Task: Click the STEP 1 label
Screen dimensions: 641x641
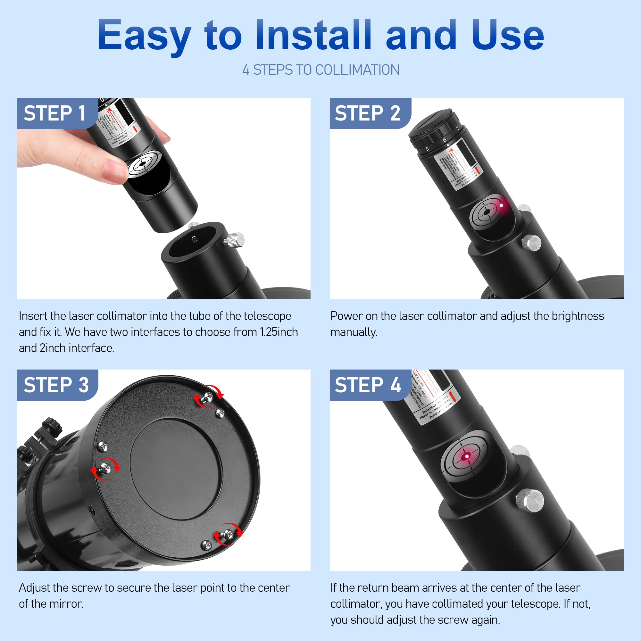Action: coord(55,113)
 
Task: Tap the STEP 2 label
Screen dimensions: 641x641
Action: coord(367,113)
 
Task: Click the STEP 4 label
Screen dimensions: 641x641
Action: coord(368,385)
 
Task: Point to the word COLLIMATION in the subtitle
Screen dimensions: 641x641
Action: coord(357,70)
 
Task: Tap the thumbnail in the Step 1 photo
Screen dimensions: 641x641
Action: coord(114,170)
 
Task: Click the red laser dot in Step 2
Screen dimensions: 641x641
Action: coord(501,205)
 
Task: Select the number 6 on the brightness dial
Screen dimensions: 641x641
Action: coord(444,140)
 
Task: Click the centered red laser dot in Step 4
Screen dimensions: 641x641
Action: coord(466,456)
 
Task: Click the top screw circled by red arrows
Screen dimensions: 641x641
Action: coord(208,396)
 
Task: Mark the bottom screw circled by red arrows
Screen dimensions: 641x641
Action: coord(228,534)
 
